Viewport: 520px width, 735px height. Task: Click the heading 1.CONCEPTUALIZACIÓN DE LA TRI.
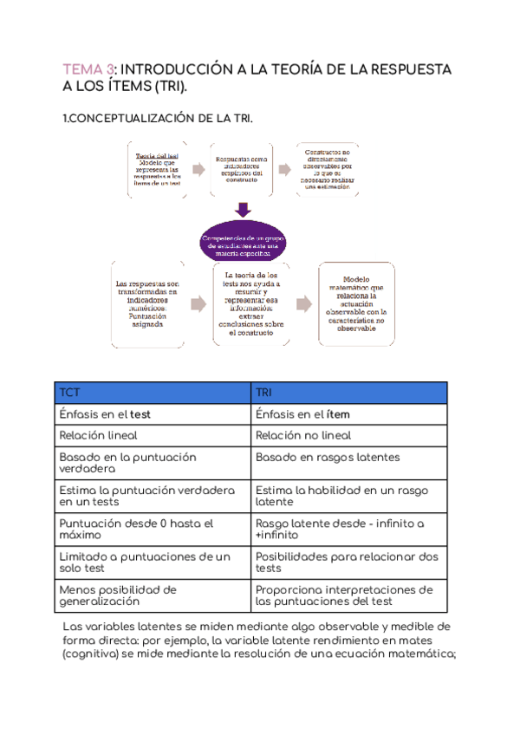159,118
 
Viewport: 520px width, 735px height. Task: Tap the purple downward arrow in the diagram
244,210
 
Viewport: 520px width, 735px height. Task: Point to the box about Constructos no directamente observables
328,169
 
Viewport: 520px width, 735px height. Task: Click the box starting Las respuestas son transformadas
147,303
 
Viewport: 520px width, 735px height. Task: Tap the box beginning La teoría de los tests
251,303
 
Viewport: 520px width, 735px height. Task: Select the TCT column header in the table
69,393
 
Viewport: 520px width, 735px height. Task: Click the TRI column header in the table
264,393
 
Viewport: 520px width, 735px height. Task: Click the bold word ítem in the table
338,414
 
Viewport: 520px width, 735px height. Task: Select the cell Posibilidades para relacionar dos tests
347,562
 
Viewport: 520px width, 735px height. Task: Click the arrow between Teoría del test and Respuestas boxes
199,169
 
